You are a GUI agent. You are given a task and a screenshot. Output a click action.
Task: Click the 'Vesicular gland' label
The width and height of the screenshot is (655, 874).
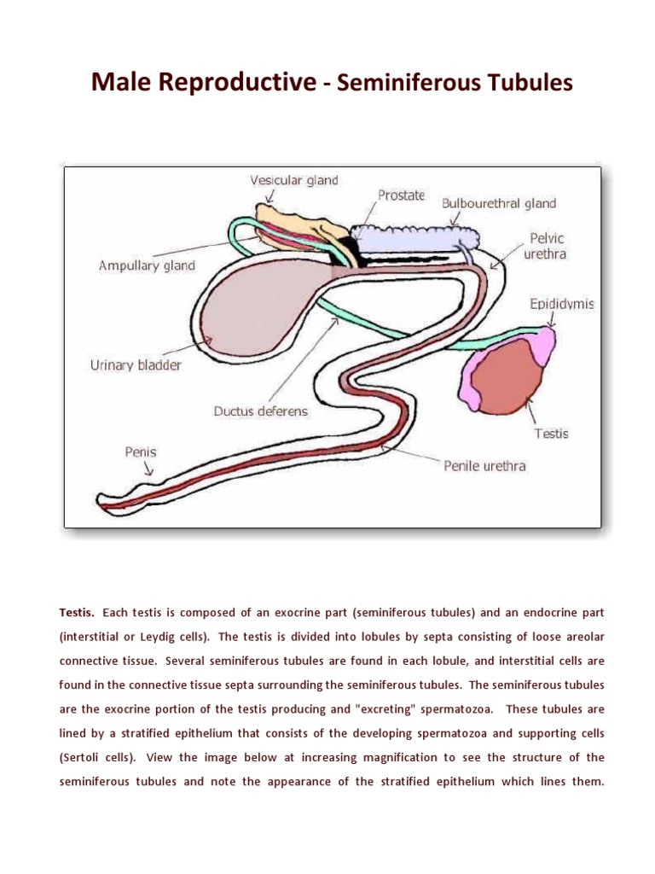click(293, 180)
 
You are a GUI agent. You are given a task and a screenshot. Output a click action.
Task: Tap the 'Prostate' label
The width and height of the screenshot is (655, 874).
click(401, 195)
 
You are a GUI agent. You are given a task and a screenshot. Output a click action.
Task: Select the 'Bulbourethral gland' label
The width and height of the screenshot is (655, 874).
click(498, 203)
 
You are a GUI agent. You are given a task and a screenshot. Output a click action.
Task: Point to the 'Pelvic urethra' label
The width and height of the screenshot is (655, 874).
click(547, 246)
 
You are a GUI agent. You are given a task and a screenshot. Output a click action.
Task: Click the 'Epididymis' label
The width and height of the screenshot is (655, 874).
click(562, 304)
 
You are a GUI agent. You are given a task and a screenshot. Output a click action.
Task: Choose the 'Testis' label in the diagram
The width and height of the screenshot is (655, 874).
click(551, 433)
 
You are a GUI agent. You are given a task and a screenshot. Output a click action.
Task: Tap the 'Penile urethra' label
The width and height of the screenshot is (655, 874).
click(484, 466)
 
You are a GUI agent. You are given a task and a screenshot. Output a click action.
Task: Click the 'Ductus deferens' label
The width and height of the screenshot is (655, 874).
click(260, 411)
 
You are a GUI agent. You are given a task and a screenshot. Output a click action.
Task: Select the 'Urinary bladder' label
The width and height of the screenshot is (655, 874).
click(136, 365)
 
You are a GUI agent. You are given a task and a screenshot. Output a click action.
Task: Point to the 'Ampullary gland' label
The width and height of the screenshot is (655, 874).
click(147, 265)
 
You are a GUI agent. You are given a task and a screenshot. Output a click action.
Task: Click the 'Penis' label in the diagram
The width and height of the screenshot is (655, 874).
click(141, 452)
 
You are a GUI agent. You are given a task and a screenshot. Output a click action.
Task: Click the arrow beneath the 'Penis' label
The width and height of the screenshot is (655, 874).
click(148, 469)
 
